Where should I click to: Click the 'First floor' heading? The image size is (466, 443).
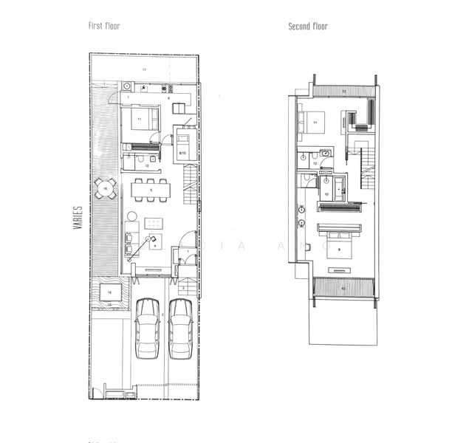tap(104, 26)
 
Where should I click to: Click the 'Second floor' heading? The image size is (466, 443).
tap(308, 27)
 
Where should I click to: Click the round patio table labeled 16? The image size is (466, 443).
tap(105, 190)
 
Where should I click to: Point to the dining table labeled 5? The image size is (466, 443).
tap(151, 190)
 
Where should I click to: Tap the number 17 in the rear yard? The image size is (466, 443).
tap(145, 69)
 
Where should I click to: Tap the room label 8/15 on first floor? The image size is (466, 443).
tap(182, 153)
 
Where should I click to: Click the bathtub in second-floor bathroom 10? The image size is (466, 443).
tap(339, 186)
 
